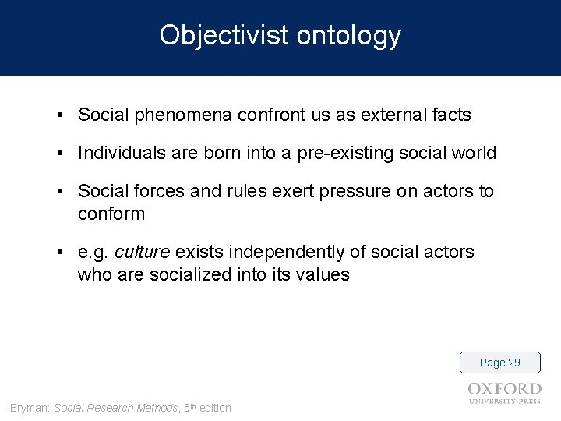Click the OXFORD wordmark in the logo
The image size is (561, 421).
click(504, 389)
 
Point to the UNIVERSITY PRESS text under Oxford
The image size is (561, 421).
click(504, 402)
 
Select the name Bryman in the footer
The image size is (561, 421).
click(28, 408)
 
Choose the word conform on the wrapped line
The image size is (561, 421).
click(111, 214)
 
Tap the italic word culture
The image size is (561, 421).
click(143, 252)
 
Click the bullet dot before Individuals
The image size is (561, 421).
click(60, 154)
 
